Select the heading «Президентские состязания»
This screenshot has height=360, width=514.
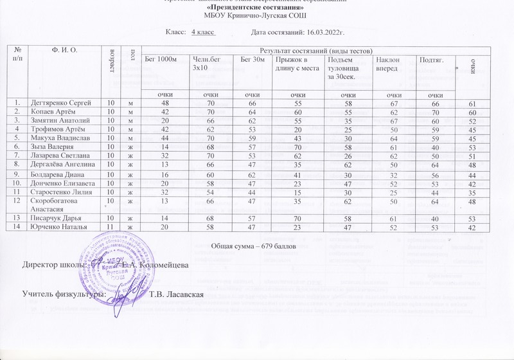257,8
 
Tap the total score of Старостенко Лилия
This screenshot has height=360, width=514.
473,192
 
